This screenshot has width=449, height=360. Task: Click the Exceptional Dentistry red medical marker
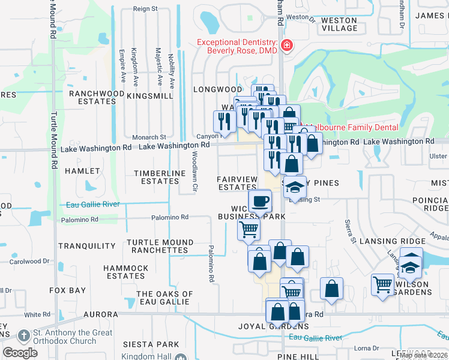[287, 46]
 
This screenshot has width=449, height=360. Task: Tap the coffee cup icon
[260, 200]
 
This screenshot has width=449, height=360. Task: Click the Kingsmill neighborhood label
[150, 95]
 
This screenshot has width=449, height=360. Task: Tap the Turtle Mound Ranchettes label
[160, 246]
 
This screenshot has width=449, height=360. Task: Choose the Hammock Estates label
[125, 272]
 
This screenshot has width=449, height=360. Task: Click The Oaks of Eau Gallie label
[164, 298]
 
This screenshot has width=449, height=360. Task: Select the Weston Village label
[339, 25]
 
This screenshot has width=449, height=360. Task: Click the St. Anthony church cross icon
[24, 335]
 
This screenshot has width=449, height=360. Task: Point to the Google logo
[20, 352]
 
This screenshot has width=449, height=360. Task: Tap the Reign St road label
[145, 9]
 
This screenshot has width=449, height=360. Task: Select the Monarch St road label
[149, 137]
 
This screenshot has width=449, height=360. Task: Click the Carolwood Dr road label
[29, 262]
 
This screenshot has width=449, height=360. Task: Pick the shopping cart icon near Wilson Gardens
[382, 284]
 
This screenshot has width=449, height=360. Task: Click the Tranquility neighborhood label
[87, 246]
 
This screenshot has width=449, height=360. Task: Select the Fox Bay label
[68, 290]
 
